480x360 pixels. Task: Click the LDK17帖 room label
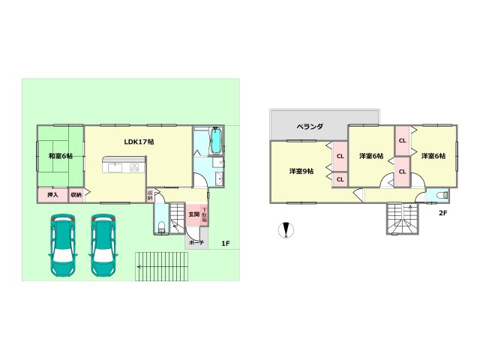pos(139,141)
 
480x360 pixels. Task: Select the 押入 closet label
pos(52,195)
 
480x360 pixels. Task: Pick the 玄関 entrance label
pos(193,214)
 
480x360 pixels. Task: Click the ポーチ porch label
pos(195,243)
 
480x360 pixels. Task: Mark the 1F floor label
pos(225,243)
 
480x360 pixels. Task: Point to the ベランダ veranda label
pos(309,127)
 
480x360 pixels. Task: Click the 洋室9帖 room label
pos(301,172)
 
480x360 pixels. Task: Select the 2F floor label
pos(442,212)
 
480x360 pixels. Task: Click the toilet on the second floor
pos(440,196)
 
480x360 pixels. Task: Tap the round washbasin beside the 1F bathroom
pos(217,178)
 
